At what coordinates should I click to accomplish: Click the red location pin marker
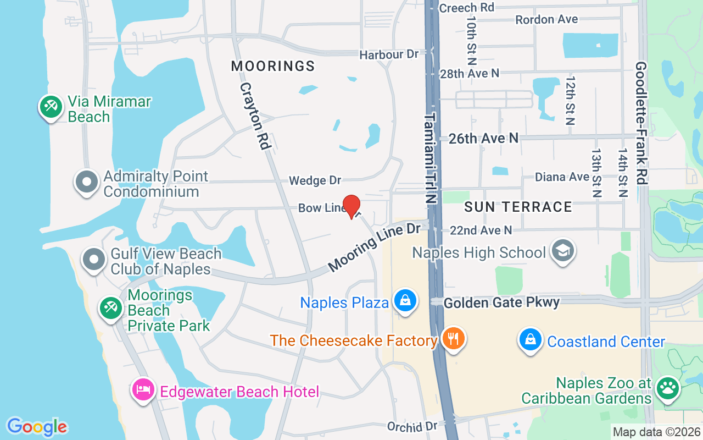pyautogui.click(x=351, y=206)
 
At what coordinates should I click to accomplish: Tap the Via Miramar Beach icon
pyautogui.click(x=51, y=106)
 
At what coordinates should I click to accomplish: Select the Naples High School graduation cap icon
pyautogui.click(x=562, y=251)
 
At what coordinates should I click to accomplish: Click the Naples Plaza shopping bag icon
pyautogui.click(x=405, y=301)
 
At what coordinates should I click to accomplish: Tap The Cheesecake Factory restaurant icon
pyautogui.click(x=453, y=338)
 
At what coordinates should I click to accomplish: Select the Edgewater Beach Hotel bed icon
pyautogui.click(x=143, y=390)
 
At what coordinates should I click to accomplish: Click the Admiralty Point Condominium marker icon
pyautogui.click(x=86, y=182)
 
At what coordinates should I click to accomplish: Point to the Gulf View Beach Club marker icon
pyautogui.click(x=94, y=259)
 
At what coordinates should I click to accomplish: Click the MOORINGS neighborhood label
pyautogui.click(x=273, y=67)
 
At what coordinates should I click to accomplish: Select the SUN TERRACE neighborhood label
pyautogui.click(x=518, y=207)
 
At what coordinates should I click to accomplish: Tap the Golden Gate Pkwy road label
pyautogui.click(x=501, y=302)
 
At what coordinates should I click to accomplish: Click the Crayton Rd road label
pyautogui.click(x=254, y=116)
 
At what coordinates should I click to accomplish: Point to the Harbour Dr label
pyautogui.click(x=389, y=54)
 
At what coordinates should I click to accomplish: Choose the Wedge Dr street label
pyautogui.click(x=315, y=180)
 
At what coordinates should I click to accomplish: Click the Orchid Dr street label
pyautogui.click(x=412, y=427)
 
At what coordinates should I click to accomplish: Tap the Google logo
pyautogui.click(x=37, y=427)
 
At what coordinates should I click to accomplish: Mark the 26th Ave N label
pyautogui.click(x=483, y=138)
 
